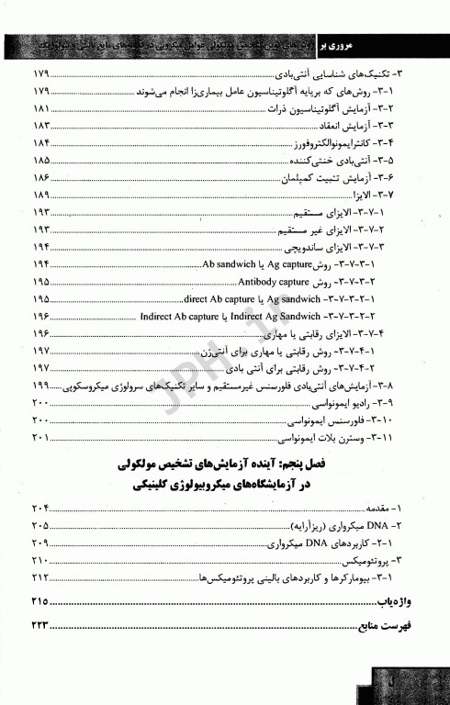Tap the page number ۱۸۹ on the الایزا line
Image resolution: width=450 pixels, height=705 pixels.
[42, 196]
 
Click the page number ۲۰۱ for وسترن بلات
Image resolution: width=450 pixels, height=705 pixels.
[42, 439]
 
